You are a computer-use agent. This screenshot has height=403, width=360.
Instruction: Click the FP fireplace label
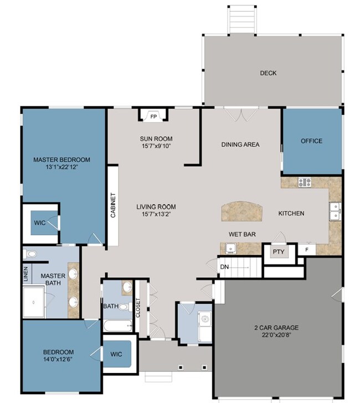[x=153, y=116]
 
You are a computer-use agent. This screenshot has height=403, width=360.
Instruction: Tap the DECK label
[x=268, y=73]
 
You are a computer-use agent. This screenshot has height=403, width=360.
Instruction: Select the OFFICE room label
[x=311, y=141]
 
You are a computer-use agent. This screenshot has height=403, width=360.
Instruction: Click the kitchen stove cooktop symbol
[x=305, y=182]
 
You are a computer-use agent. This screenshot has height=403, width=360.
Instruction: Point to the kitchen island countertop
[x=242, y=211]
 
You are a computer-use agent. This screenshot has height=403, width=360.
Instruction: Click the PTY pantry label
[x=279, y=252]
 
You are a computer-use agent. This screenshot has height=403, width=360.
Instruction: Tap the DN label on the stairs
[x=224, y=267]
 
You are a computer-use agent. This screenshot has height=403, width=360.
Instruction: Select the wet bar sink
[x=231, y=248]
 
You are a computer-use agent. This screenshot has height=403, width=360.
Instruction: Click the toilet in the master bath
[x=30, y=254]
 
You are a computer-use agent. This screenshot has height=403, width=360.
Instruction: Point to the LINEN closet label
[x=25, y=274]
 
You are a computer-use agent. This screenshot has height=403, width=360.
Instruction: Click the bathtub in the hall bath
[x=118, y=326]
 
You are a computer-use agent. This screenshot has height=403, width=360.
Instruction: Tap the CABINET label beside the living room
[x=113, y=205]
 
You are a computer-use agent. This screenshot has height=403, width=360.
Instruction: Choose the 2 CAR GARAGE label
[x=276, y=328]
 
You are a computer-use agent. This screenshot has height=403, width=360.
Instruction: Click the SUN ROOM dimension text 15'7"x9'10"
[x=156, y=146]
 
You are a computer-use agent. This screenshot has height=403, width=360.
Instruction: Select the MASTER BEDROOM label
[x=61, y=160]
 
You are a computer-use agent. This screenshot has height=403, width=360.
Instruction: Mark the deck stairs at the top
[x=242, y=19]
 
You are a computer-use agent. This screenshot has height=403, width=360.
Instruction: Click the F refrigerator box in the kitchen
[x=307, y=249]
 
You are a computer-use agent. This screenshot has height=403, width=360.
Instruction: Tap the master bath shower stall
[x=34, y=302]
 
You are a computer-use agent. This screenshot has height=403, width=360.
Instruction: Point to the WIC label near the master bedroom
[x=40, y=223]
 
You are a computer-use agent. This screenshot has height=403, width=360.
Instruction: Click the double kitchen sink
[x=335, y=211]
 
